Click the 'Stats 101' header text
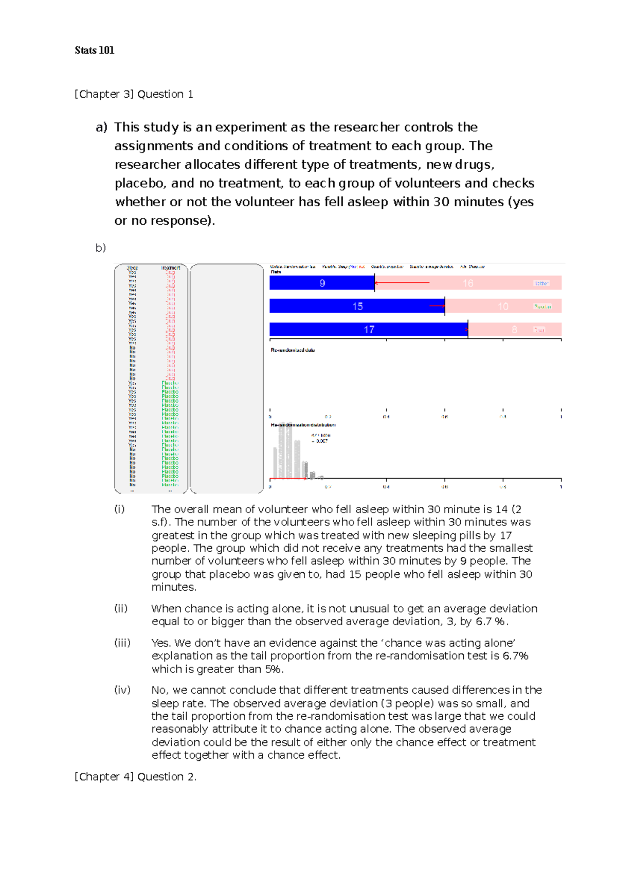click(x=94, y=50)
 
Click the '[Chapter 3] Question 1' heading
click(x=134, y=94)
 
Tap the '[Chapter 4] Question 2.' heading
click(x=135, y=776)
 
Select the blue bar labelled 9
click(x=322, y=283)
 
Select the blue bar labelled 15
click(x=357, y=306)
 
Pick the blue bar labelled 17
click(x=368, y=330)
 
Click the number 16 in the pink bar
click(x=467, y=283)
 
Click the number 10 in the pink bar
click(x=503, y=306)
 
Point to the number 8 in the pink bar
click(x=514, y=330)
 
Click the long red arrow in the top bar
click(x=402, y=283)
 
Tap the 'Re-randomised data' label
click(x=293, y=350)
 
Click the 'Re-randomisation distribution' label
click(x=303, y=425)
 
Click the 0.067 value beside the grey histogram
click(x=321, y=441)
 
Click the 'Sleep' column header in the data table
click(x=132, y=268)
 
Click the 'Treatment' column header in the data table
click(x=170, y=268)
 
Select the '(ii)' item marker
click(x=121, y=609)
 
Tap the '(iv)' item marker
click(x=122, y=690)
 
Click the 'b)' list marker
click(x=100, y=248)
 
